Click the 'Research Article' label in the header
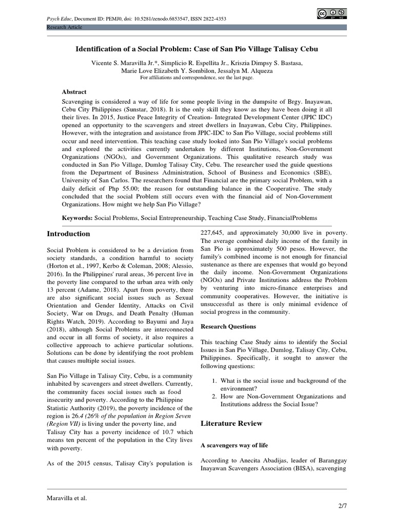(x=64, y=27)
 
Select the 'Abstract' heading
(x=74, y=92)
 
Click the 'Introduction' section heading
(x=68, y=234)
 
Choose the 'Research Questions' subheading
(x=228, y=326)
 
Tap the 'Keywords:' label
(x=77, y=218)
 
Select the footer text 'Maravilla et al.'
(x=67, y=498)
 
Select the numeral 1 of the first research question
(x=214, y=381)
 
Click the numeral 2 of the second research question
(x=214, y=397)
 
